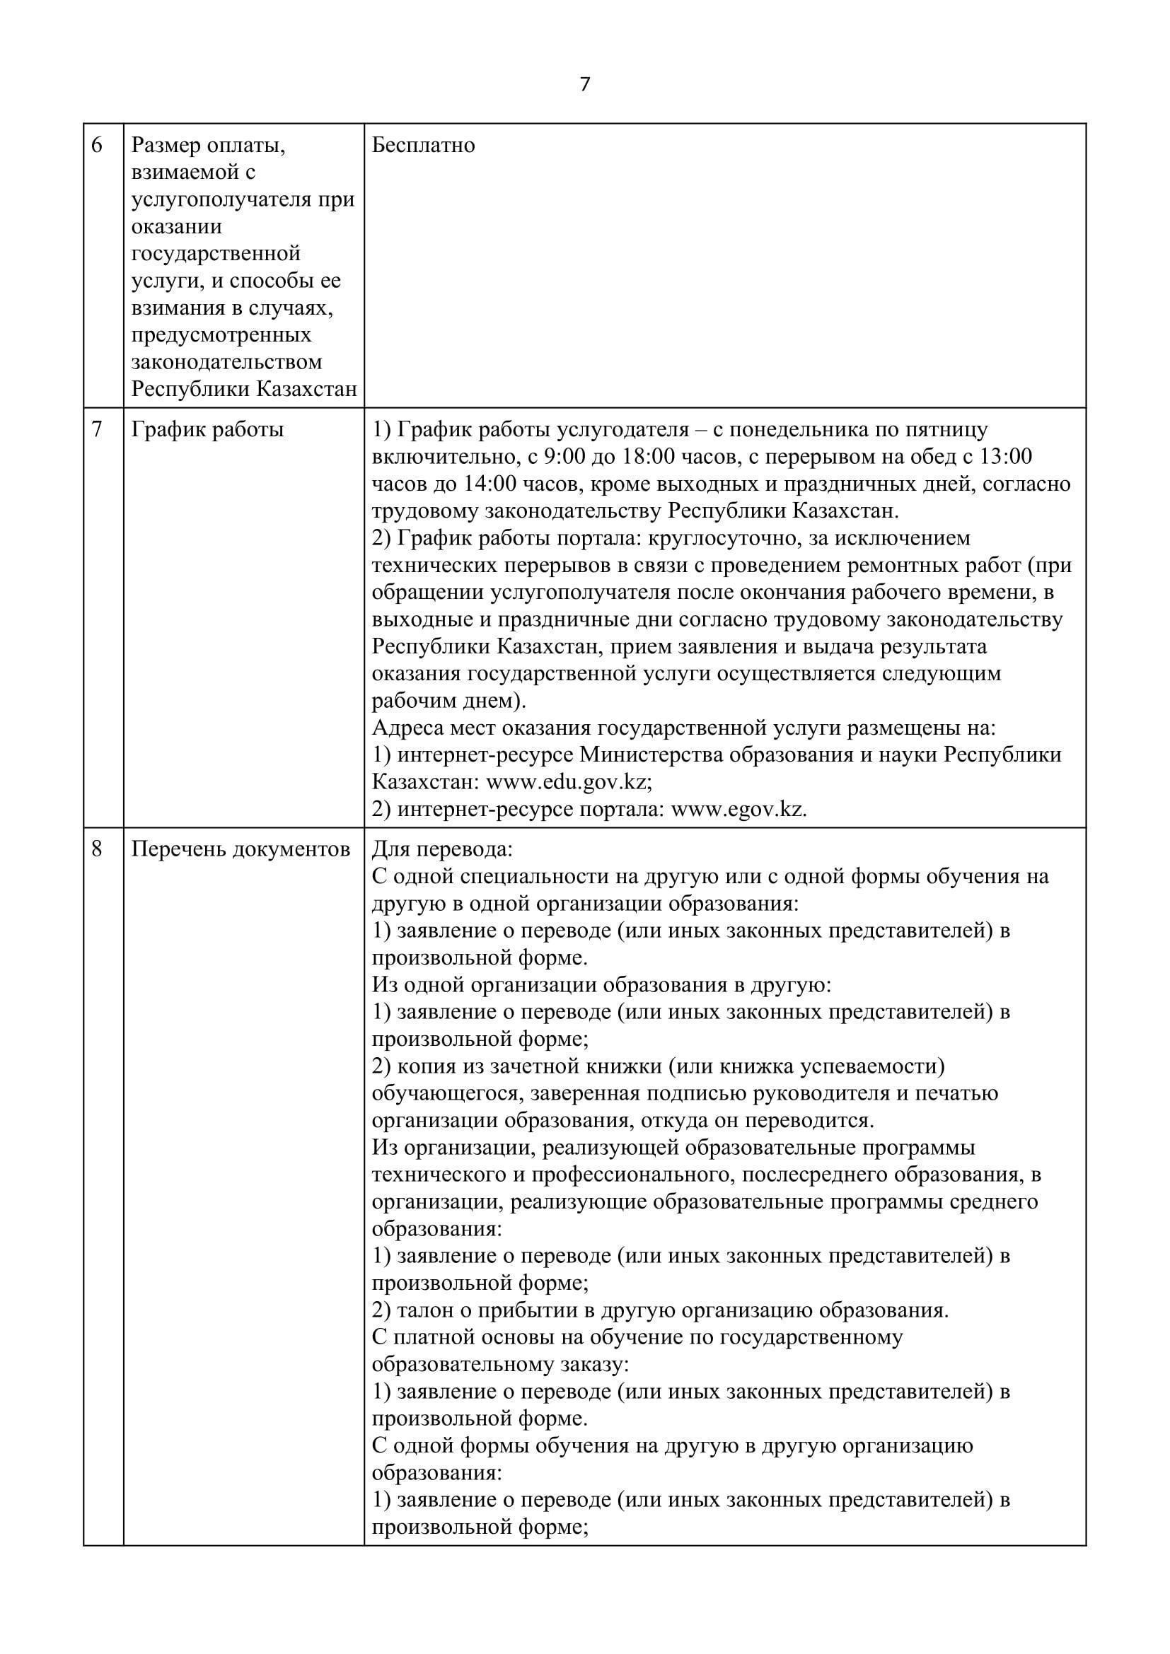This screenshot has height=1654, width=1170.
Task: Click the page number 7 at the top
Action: click(584, 85)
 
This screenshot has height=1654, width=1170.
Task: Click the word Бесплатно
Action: click(423, 146)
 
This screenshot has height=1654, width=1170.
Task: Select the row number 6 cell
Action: click(97, 146)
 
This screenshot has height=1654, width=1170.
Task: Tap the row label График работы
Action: click(207, 430)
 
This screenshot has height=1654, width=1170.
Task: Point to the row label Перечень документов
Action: click(241, 850)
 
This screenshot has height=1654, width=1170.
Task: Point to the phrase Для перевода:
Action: click(441, 850)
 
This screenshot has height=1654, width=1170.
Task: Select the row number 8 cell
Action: click(97, 850)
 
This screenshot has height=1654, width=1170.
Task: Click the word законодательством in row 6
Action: click(226, 362)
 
